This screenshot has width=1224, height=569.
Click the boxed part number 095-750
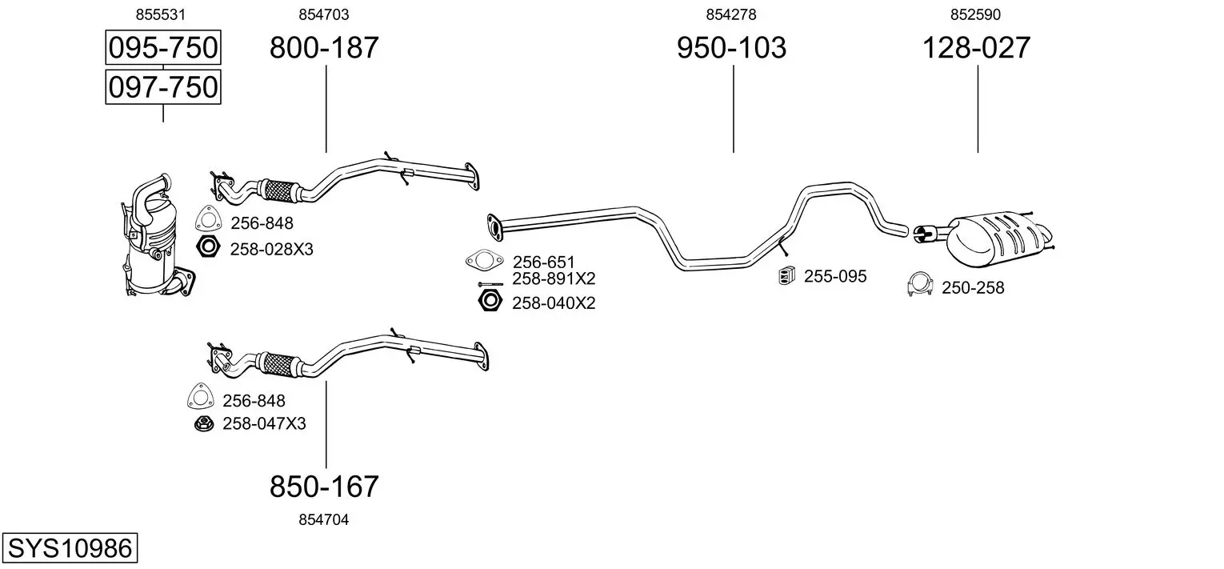(163, 48)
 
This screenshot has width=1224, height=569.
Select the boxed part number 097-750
(163, 86)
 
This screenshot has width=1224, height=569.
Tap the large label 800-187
(324, 48)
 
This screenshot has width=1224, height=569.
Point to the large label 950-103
(731, 48)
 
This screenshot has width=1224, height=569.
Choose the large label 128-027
(977, 48)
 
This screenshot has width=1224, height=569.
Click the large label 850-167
(324, 486)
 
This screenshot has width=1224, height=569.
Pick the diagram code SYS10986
(69, 549)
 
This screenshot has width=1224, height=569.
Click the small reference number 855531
(162, 14)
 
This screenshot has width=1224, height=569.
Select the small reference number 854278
(731, 14)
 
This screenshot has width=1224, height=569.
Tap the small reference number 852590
(976, 14)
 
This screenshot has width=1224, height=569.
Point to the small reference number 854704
(324, 519)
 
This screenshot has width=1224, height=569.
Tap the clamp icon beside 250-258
(922, 285)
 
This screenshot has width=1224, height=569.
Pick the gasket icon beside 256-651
(484, 261)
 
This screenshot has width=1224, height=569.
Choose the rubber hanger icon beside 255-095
(786, 276)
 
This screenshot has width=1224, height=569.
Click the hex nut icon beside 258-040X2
(489, 302)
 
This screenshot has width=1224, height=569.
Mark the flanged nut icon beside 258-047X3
(203, 423)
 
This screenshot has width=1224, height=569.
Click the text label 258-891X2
(554, 279)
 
